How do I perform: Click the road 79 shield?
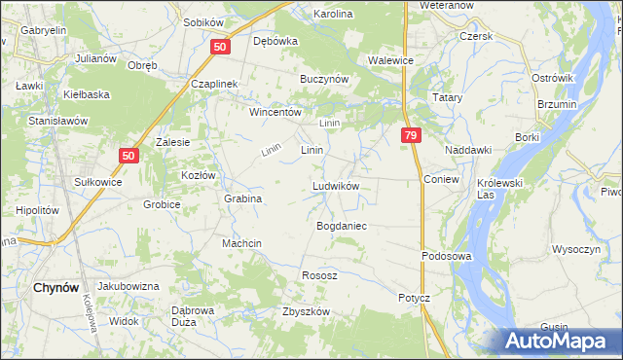(411, 136)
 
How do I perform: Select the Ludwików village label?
(337, 186)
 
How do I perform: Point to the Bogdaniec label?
(341, 226)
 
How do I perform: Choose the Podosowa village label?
(446, 256)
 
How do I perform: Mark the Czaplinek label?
(215, 85)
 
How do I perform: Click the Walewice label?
(391, 60)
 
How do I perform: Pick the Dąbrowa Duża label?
(184, 315)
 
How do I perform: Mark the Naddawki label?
(467, 151)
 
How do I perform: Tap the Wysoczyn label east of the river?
(575, 249)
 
